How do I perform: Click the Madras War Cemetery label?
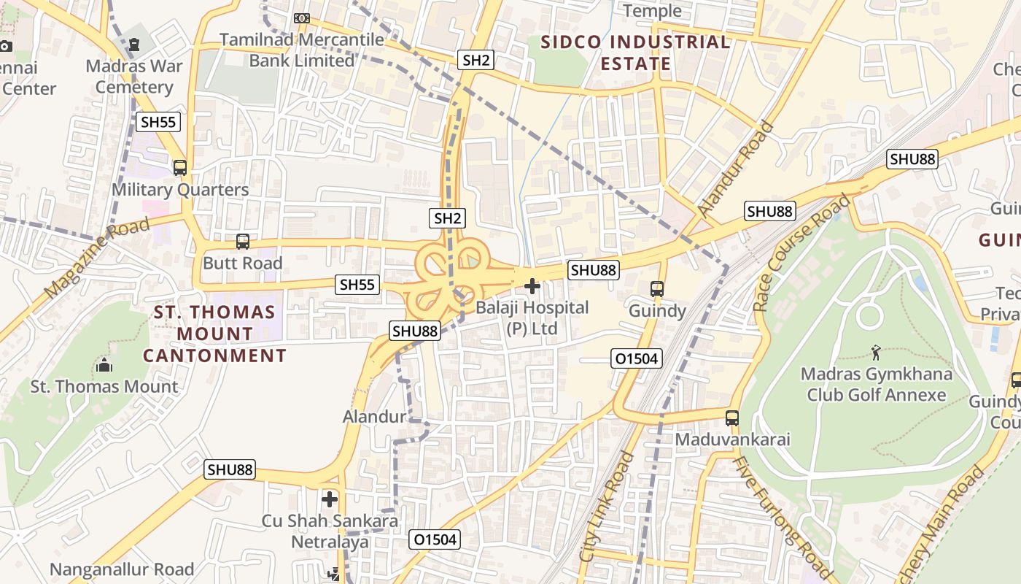pos(134,77)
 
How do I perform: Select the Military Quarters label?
pos(180,190)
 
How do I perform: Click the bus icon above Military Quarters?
pos(180,167)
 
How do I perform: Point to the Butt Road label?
pos(242,263)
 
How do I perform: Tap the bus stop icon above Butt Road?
pos(243,241)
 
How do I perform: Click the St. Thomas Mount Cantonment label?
pos(214,334)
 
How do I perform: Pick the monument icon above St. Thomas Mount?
pos(104,364)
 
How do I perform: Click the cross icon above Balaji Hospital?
pos(532,286)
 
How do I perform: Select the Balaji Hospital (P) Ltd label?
pos(532,318)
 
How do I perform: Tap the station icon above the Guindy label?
pos(657,289)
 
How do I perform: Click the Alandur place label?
pos(374,417)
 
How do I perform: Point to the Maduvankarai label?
pos(732,440)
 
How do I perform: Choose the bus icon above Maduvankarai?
pos(732,418)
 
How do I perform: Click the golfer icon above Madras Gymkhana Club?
pos(876,353)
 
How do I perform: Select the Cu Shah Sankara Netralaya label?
pos(330,531)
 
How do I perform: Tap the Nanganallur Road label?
pos(122,569)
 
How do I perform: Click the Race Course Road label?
pos(802,252)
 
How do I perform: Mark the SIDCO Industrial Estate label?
pos(635,53)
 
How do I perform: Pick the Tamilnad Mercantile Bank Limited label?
pos(302,50)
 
